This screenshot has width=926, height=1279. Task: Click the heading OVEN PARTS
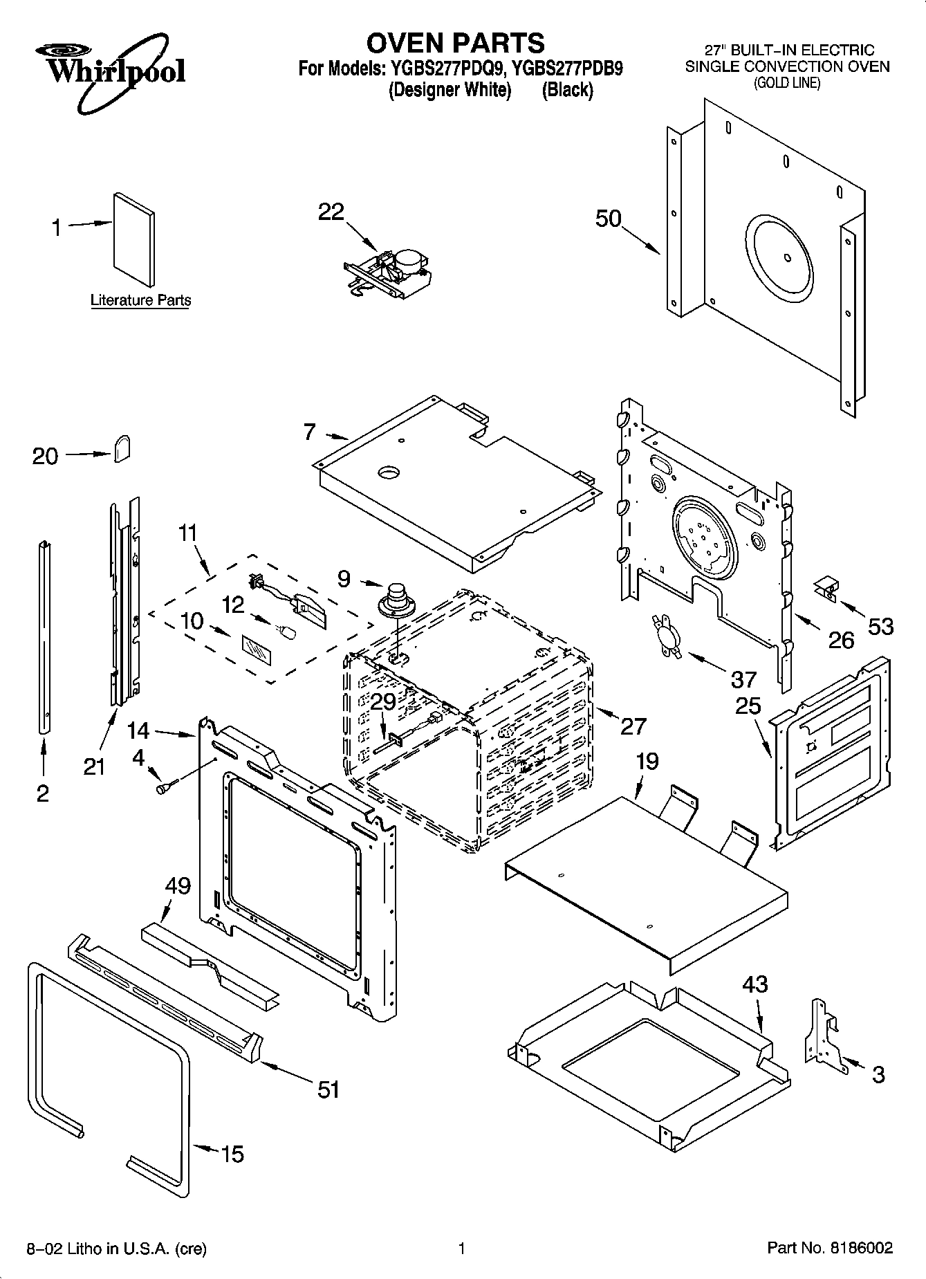point(455,43)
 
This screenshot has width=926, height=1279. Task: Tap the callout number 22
point(331,212)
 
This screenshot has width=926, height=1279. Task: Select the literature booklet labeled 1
point(134,238)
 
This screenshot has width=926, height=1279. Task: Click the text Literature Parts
point(140,301)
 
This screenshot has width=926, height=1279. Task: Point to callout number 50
point(609,219)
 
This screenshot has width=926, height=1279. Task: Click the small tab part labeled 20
point(122,449)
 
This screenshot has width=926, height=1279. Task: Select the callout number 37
point(743,679)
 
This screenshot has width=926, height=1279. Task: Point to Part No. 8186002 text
point(830,1248)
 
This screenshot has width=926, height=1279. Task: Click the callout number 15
point(233,1154)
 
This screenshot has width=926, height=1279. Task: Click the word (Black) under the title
point(567,90)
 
